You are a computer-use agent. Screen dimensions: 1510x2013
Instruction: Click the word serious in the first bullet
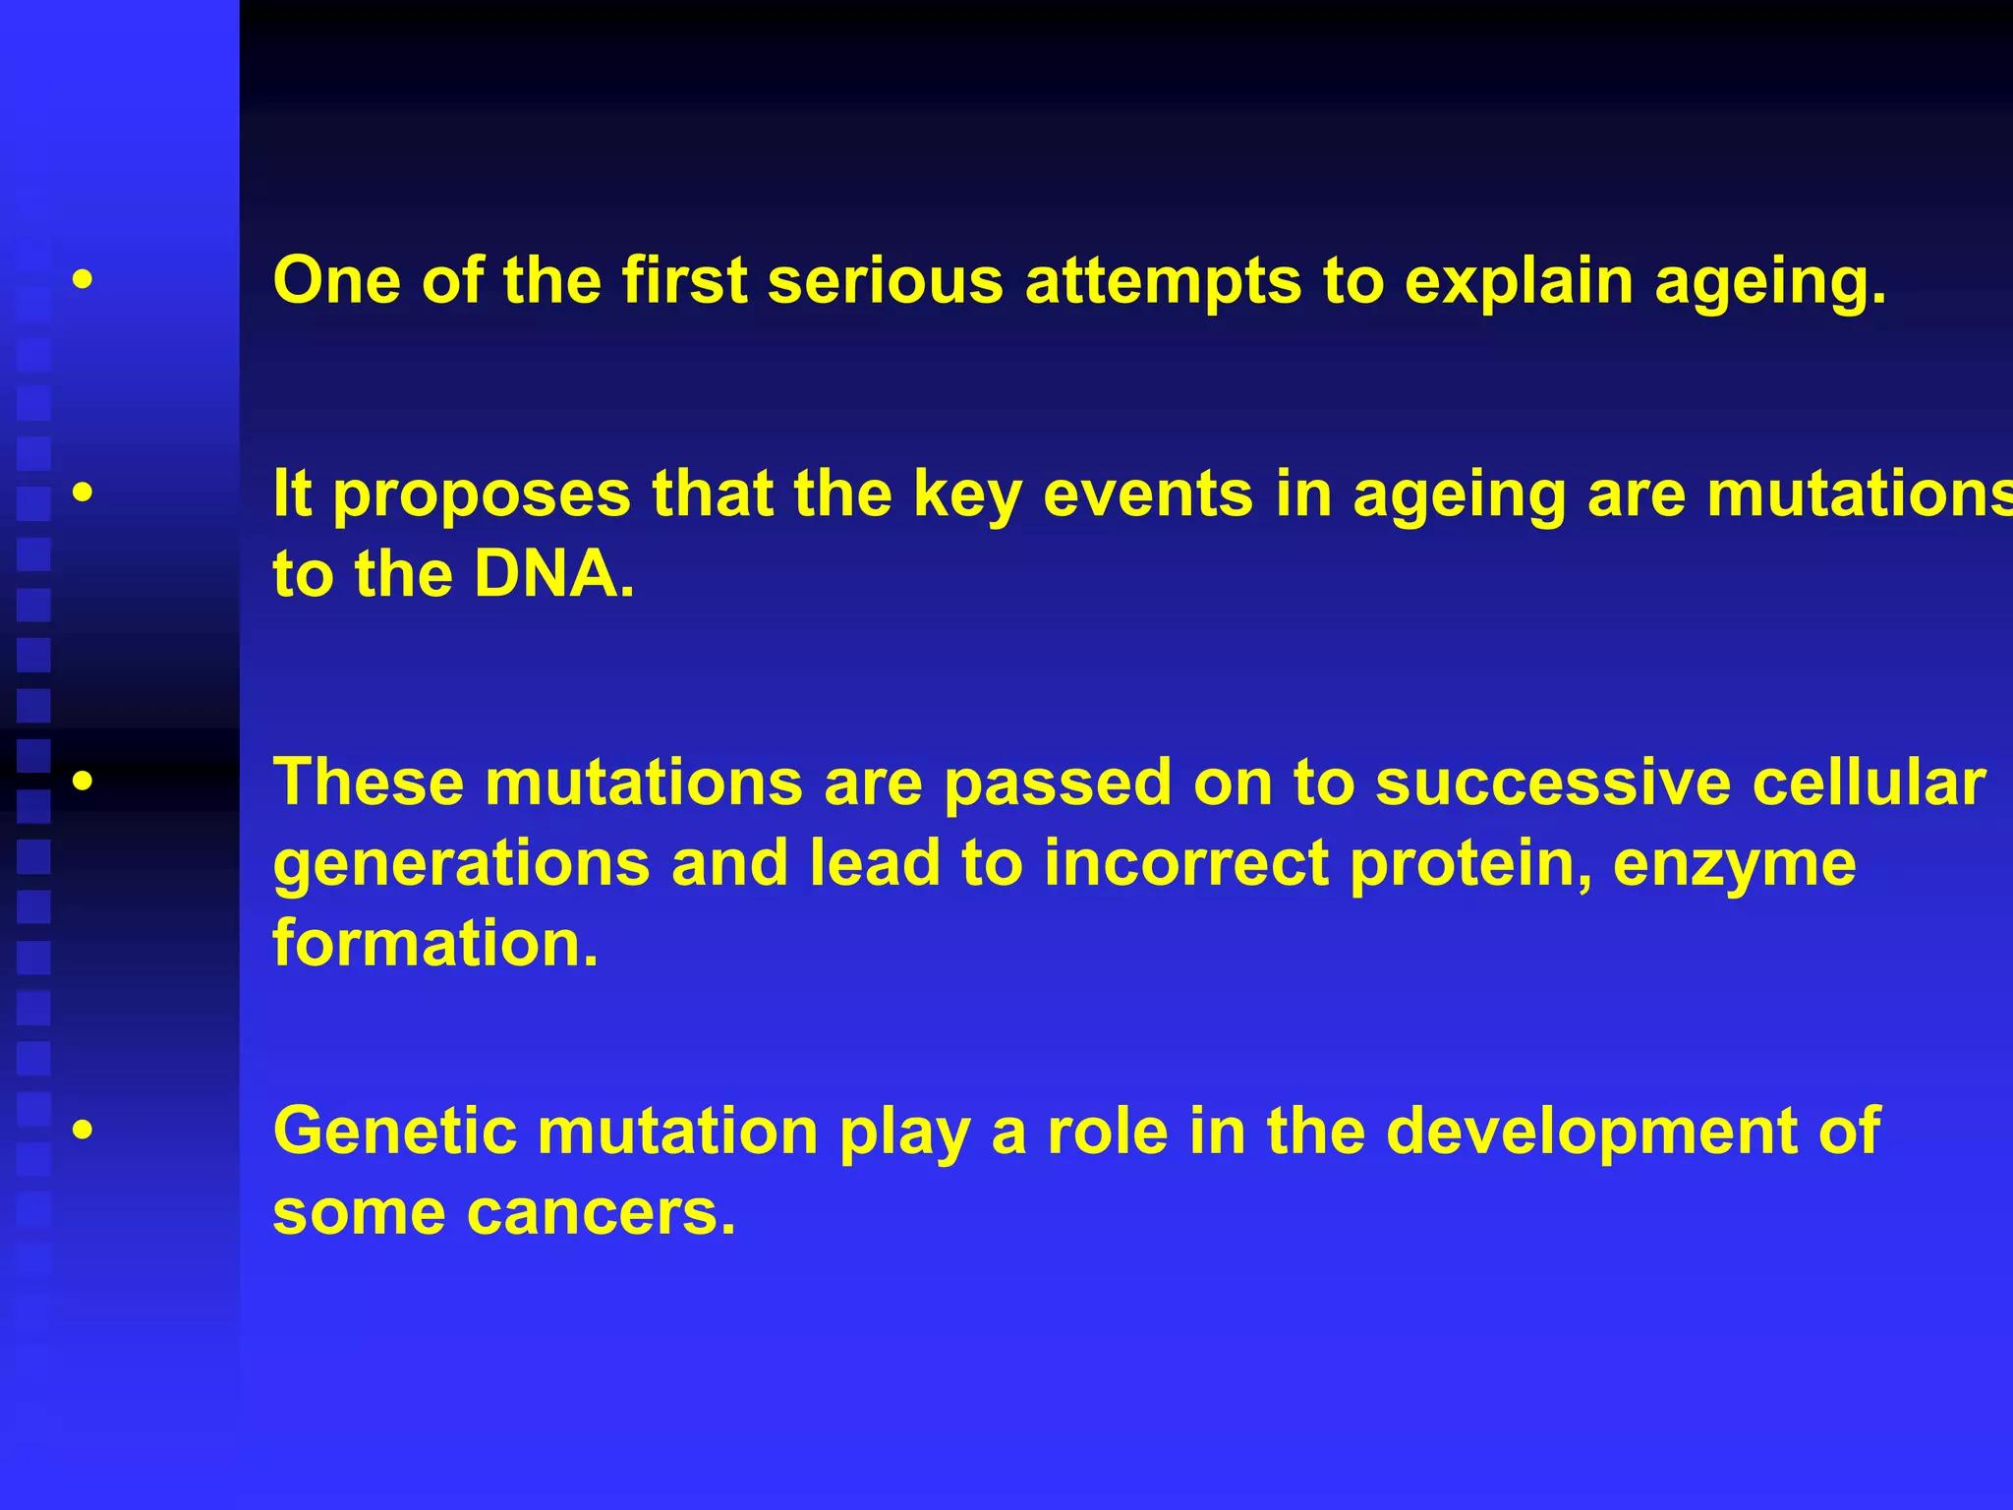coord(885,281)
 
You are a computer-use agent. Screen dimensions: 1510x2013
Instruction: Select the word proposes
coord(482,495)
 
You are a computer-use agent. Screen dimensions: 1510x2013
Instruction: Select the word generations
coord(461,865)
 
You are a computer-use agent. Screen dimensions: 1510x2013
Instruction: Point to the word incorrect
coord(1184,863)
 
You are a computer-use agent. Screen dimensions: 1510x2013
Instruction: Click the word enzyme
coord(1734,865)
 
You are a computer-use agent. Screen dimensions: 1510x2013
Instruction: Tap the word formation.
coord(435,944)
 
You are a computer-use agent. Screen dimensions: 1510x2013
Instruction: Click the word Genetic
coord(394,1131)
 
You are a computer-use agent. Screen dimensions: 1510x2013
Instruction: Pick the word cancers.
coord(601,1213)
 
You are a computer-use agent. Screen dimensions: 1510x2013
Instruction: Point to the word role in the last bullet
coord(1107,1131)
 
